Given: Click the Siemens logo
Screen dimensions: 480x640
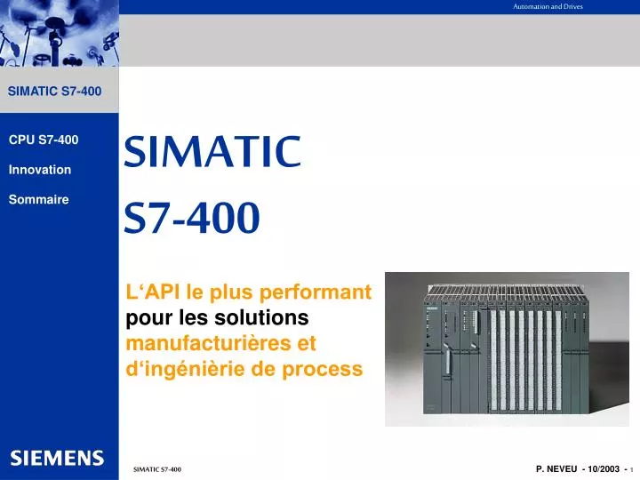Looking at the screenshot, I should click(57, 458).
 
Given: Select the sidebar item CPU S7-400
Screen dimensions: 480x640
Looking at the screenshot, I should click(44, 140).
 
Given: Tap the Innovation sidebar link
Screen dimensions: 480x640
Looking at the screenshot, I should click(39, 170).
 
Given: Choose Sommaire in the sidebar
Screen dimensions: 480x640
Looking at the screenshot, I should click(38, 200).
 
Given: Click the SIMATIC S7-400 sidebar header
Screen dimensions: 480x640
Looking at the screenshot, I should click(54, 91).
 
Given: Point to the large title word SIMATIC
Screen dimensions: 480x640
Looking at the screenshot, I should click(212, 153).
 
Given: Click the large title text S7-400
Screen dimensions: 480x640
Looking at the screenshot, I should click(192, 218).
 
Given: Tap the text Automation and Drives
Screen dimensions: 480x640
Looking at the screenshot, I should click(548, 6).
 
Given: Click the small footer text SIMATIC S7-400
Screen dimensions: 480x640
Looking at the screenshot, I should click(156, 468).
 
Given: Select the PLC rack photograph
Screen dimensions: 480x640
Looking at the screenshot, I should click(507, 348).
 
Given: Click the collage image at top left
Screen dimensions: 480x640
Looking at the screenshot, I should click(59, 33).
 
